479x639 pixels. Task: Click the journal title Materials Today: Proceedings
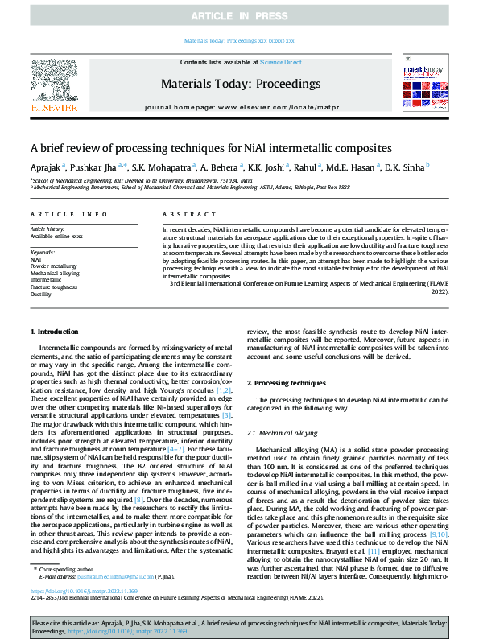(x=241, y=84)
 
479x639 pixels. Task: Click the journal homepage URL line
(x=241, y=106)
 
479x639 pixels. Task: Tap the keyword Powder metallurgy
(x=54, y=266)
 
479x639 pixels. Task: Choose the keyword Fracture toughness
(x=53, y=287)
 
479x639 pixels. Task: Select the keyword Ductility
(x=41, y=295)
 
